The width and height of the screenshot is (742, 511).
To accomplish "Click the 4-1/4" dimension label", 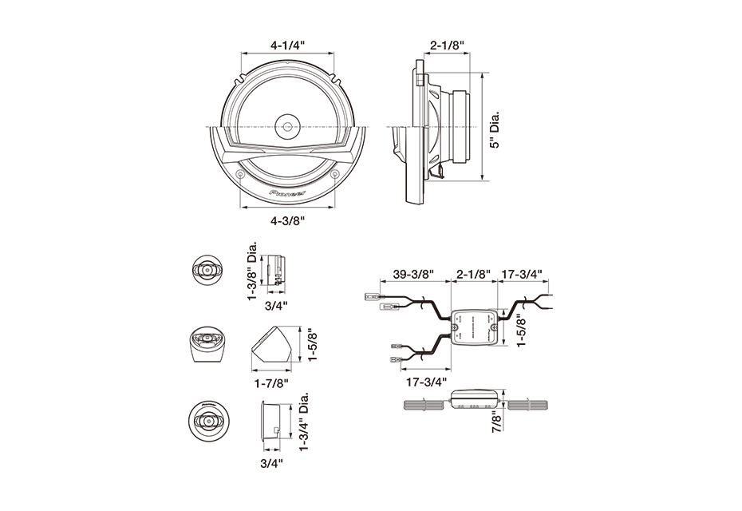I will click(288, 46).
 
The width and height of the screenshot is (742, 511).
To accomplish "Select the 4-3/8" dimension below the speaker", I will click(288, 219).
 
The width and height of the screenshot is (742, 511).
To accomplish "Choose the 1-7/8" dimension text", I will click(269, 382).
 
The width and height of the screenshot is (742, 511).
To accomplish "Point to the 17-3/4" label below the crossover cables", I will click(424, 382).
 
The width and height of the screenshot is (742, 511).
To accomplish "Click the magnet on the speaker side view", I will click(461, 128).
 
